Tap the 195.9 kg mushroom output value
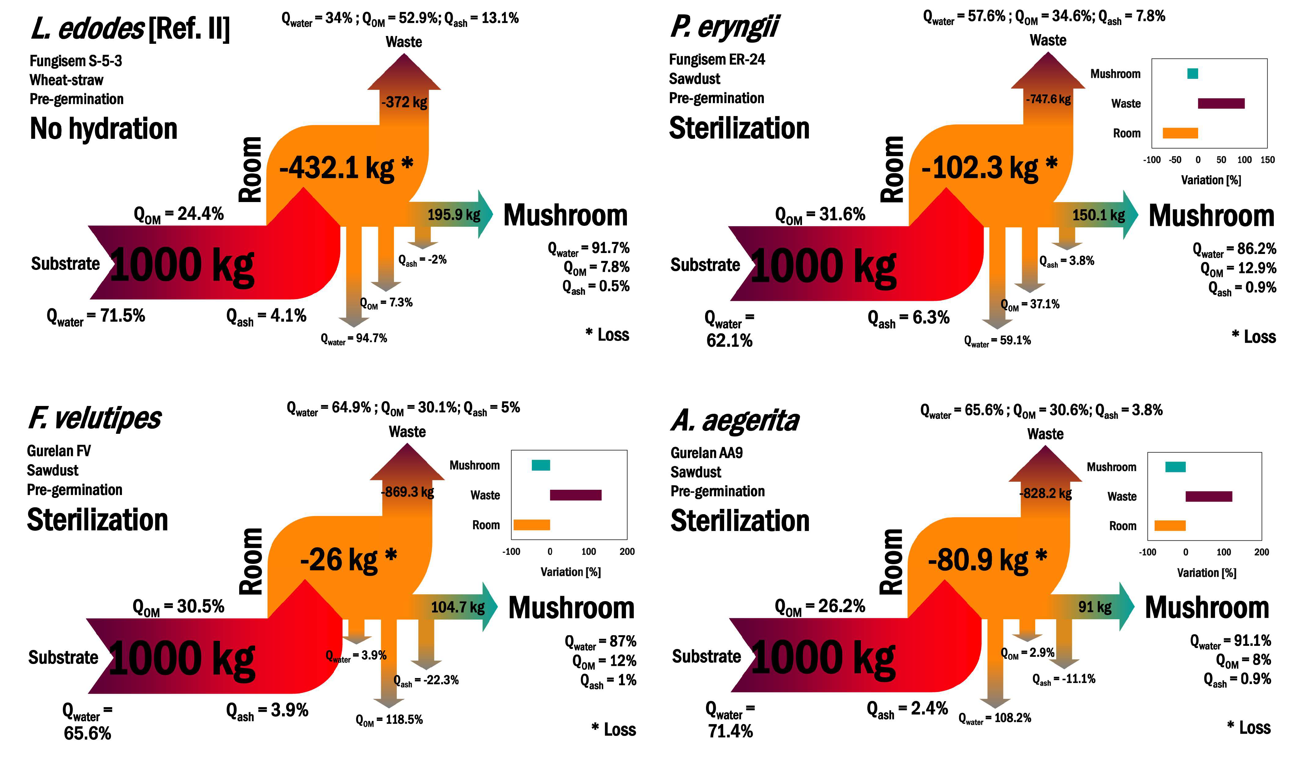pos(453,215)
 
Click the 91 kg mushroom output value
pos(1095,607)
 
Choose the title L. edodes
pos(88,28)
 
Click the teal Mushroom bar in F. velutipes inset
pos(541,465)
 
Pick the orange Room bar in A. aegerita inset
pos(1170,526)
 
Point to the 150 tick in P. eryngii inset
pos(1267,160)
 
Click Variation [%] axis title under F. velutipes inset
pos(570,572)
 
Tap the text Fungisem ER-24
pos(717,60)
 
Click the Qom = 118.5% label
pos(389,720)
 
